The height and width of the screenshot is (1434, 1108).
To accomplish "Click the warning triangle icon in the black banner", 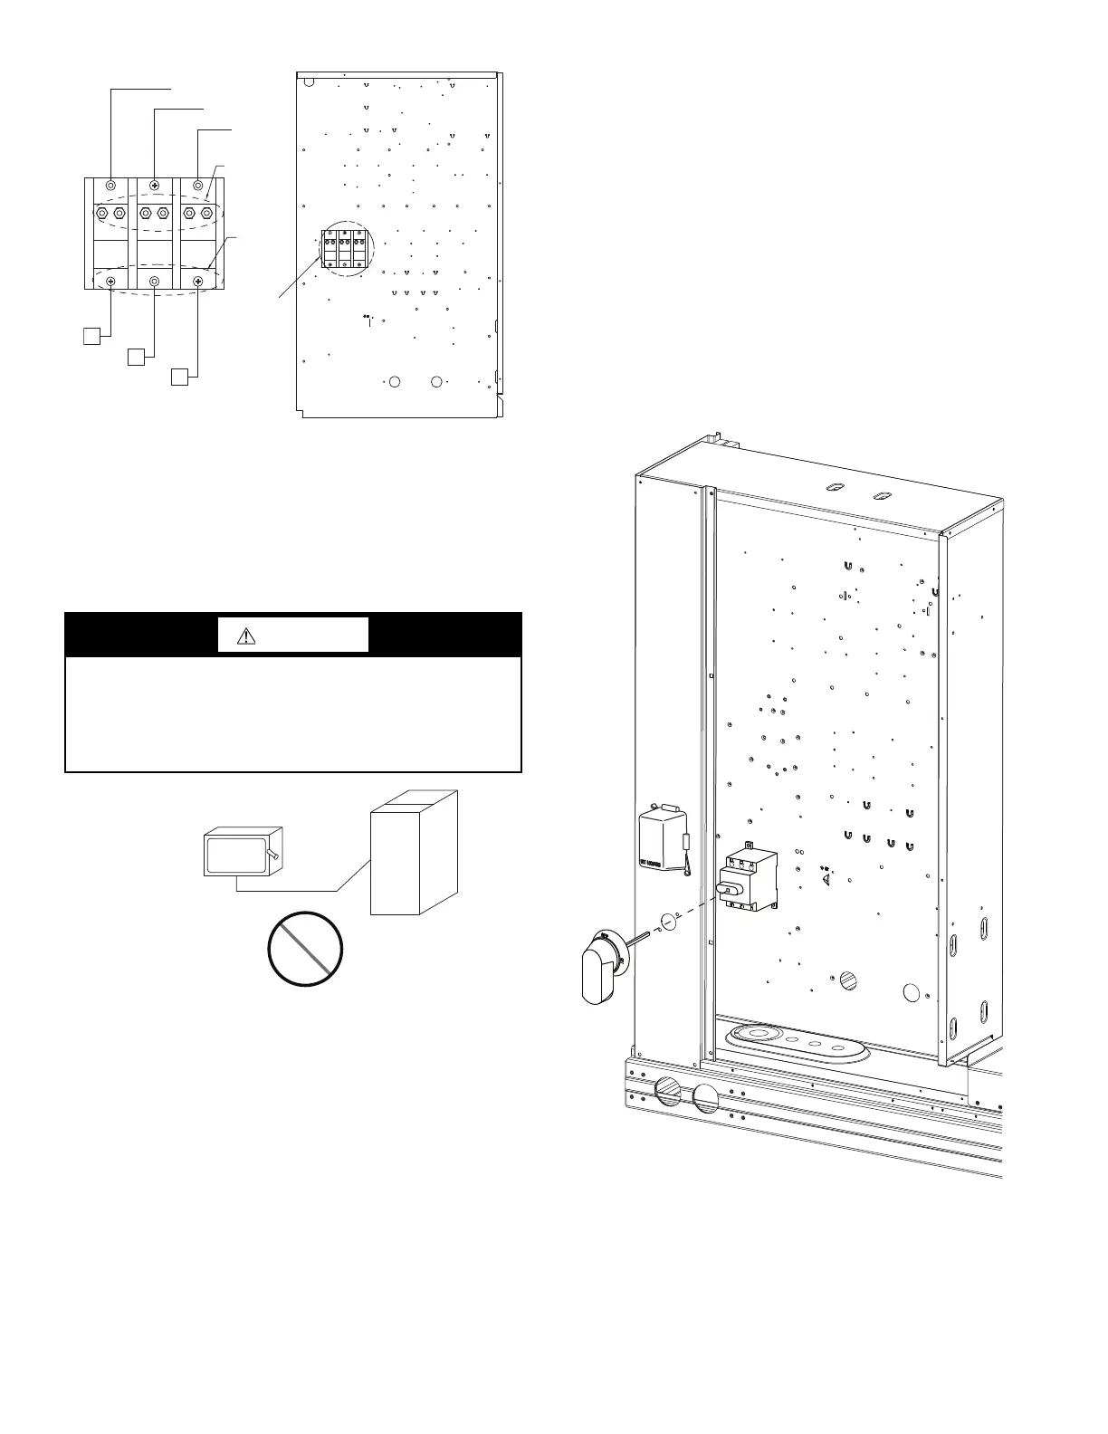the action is tap(246, 636).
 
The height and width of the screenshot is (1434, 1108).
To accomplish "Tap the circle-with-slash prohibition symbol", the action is tap(306, 949).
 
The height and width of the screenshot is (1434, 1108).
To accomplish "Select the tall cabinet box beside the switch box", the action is tap(413, 853).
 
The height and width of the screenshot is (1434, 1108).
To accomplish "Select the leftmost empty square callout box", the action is tap(91, 336).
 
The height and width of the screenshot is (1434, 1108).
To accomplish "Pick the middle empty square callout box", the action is tap(136, 356).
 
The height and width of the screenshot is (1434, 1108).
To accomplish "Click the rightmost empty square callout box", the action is tap(180, 376).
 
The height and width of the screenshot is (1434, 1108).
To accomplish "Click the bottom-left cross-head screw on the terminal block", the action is tap(110, 282).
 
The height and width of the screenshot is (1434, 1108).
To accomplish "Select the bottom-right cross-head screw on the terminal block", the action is tap(198, 282).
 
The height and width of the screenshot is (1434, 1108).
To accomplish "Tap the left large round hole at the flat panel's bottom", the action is tap(394, 382).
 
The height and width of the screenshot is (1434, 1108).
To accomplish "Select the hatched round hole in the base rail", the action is tap(667, 1093).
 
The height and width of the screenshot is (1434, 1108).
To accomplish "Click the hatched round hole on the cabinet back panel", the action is tap(848, 980).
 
